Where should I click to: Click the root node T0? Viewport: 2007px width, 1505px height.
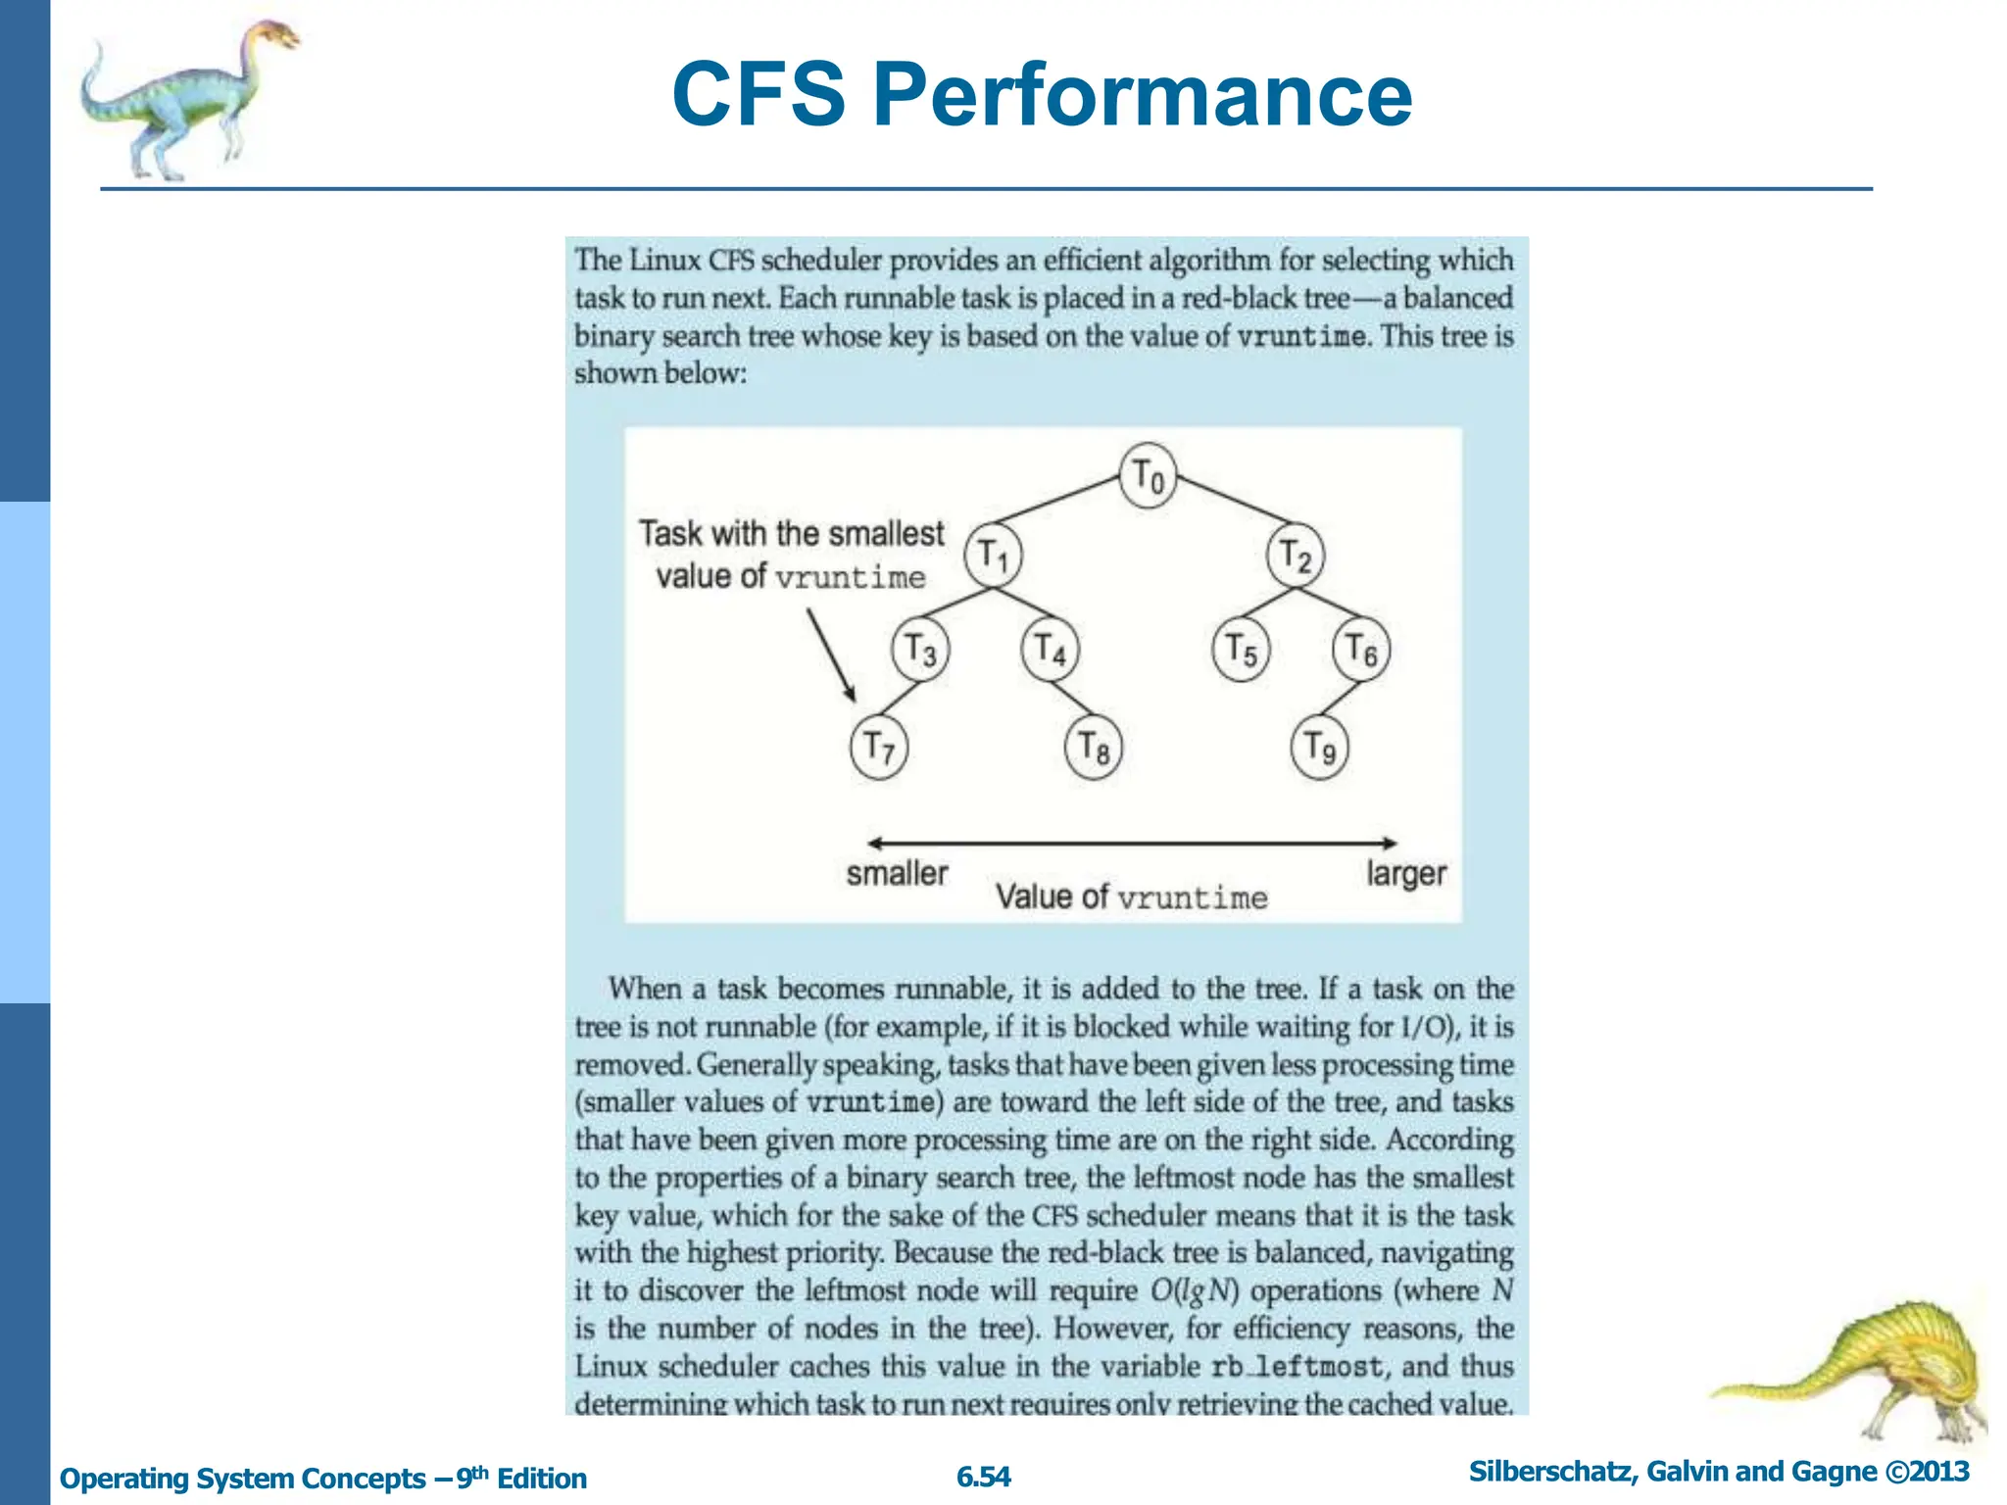click(x=1148, y=476)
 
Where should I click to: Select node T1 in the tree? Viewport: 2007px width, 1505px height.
click(x=993, y=555)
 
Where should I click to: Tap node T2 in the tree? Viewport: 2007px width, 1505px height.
click(x=1296, y=555)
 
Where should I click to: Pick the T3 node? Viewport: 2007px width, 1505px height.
click(x=920, y=649)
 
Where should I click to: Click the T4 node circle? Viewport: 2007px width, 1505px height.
click(x=1050, y=649)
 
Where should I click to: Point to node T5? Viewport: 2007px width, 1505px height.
click(x=1241, y=649)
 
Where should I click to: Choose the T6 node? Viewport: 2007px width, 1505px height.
click(x=1361, y=649)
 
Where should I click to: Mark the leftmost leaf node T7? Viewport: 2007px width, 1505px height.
click(x=879, y=748)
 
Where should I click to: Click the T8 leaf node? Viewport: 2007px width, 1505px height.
click(x=1094, y=748)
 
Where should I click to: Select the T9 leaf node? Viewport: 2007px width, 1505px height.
click(x=1320, y=748)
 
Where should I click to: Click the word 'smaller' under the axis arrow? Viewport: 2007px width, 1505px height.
click(x=897, y=873)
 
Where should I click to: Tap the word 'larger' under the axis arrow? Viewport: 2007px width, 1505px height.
click(x=1406, y=873)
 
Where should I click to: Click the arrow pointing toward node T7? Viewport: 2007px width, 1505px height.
click(x=831, y=655)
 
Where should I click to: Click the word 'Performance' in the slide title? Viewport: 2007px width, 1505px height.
click(x=1142, y=95)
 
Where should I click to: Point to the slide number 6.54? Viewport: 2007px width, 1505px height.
click(x=983, y=1477)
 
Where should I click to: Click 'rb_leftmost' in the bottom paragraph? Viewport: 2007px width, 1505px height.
click(x=1297, y=1366)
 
